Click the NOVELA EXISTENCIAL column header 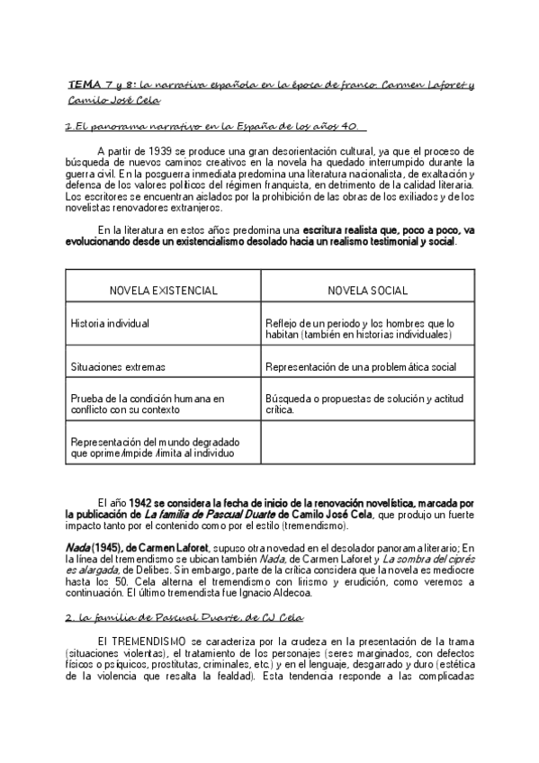coord(163,291)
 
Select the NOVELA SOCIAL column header coord(367,291)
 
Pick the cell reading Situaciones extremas coord(117,367)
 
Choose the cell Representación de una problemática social coord(360,367)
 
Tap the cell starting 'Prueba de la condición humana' coord(147,403)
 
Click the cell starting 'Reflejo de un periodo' coord(360,328)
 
